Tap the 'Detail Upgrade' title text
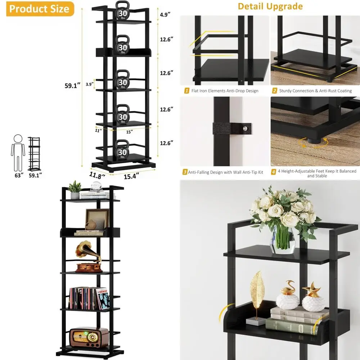[270, 6]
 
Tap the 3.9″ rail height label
[89, 85]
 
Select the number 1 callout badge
[187, 91]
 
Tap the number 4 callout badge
[274, 172]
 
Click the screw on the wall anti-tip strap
[246, 128]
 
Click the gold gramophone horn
[82, 248]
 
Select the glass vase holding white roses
[283, 239]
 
